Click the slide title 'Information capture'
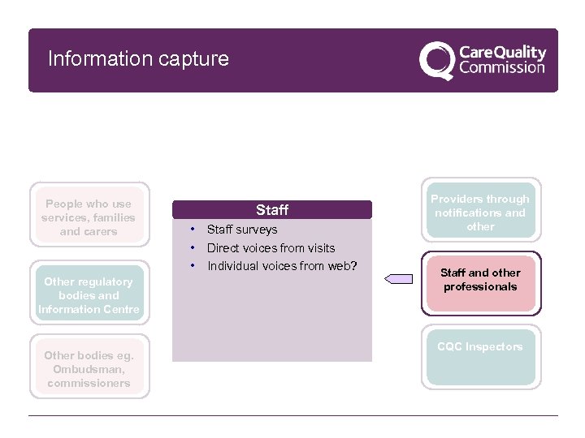click(138, 59)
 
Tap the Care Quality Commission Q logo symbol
click(436, 60)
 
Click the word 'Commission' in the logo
click(502, 68)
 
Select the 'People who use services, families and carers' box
click(89, 217)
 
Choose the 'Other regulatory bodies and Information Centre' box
click(89, 295)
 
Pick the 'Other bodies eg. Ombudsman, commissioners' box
click(89, 369)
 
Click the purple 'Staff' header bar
click(272, 210)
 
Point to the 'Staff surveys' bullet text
click(242, 230)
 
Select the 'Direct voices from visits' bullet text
click(271, 248)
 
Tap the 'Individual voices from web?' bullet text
click(283, 266)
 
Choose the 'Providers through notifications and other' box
click(480, 213)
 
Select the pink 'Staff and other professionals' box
click(480, 280)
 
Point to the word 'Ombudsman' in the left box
click(89, 369)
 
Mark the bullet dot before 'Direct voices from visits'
click(193, 247)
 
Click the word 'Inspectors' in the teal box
click(495, 347)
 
